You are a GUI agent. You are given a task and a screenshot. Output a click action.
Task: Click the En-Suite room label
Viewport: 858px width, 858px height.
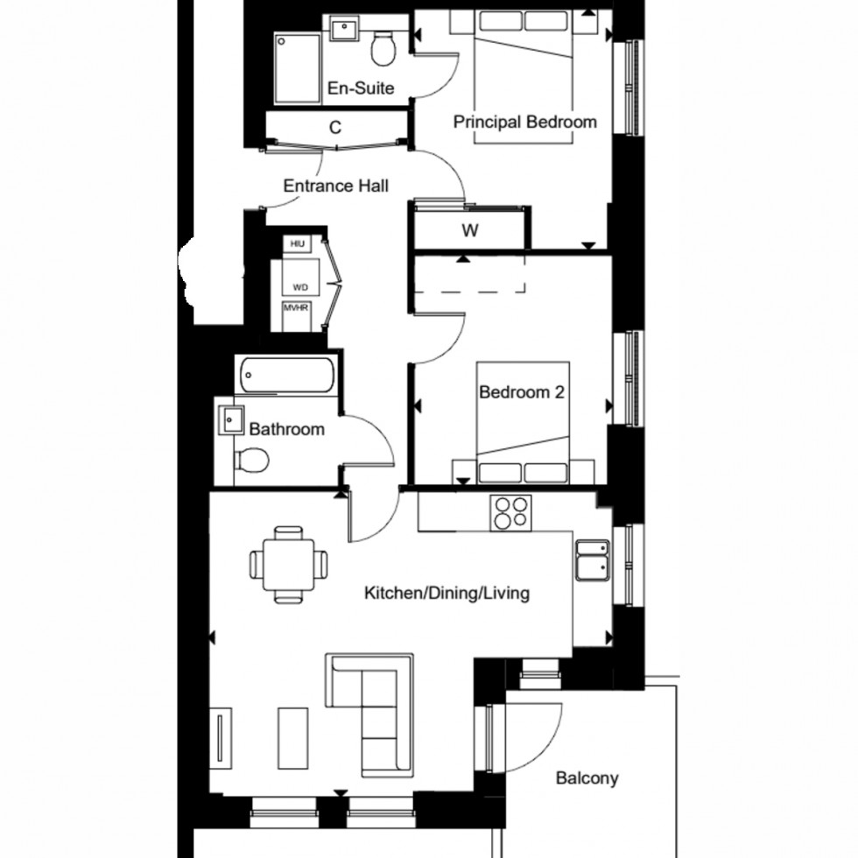coord(360,88)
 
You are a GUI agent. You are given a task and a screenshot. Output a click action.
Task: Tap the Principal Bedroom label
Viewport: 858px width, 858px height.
coord(524,122)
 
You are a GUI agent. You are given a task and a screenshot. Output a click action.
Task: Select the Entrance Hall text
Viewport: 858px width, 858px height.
coord(336,186)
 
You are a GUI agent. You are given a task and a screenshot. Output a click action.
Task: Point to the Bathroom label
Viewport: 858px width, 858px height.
coord(286,429)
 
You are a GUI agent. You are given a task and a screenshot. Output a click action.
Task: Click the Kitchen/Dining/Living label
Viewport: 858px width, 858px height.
coord(447,594)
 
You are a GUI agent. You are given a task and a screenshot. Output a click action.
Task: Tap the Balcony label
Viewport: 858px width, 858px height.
coord(587,777)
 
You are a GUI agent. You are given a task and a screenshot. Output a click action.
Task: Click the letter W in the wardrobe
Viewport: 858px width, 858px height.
coord(470,231)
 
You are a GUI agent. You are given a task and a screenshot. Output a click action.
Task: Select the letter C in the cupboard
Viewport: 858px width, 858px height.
coord(334,128)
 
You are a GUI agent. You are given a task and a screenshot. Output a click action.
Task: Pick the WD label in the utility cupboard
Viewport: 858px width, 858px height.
coord(300,286)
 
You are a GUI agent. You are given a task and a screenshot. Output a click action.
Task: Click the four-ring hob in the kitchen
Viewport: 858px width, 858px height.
coord(512,513)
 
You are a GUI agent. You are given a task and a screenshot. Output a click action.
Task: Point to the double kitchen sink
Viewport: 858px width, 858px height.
coord(594,561)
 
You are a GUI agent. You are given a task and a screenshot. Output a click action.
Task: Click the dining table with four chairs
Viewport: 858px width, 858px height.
coord(289,564)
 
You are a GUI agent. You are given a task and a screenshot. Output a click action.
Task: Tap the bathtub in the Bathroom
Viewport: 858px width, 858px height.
coord(285,376)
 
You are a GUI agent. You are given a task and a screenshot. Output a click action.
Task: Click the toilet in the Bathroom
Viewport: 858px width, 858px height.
coord(253,461)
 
